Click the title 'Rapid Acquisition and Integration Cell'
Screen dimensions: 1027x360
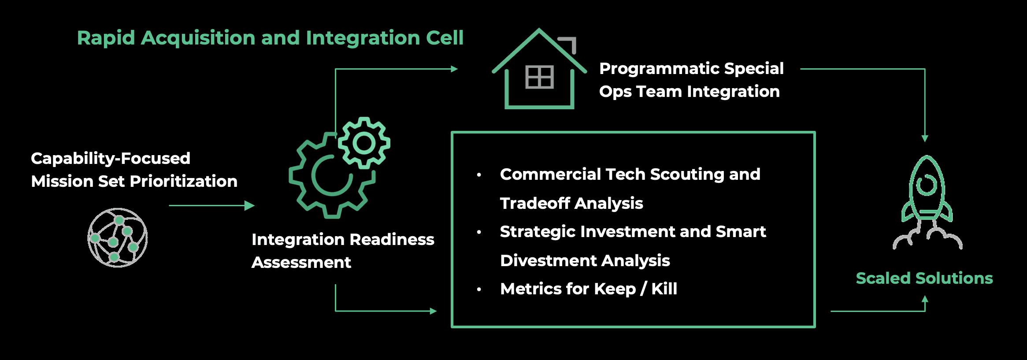(x=270, y=38)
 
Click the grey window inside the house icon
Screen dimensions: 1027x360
(x=540, y=77)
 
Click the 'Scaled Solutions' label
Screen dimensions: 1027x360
(x=924, y=278)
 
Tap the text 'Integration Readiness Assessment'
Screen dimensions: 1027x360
(x=343, y=251)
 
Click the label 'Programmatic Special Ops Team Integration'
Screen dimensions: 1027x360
(x=691, y=80)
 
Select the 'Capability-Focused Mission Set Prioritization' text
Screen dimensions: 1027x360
(x=134, y=170)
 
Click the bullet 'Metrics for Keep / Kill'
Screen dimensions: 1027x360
(x=589, y=289)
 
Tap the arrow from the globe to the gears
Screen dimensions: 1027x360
(x=212, y=205)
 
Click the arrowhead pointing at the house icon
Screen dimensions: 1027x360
(x=455, y=69)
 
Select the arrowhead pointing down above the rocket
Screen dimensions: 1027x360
(x=925, y=139)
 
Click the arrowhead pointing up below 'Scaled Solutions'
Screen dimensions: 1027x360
(x=925, y=299)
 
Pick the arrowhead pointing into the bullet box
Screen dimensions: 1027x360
(x=433, y=311)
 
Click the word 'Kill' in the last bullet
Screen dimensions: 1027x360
(x=664, y=289)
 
